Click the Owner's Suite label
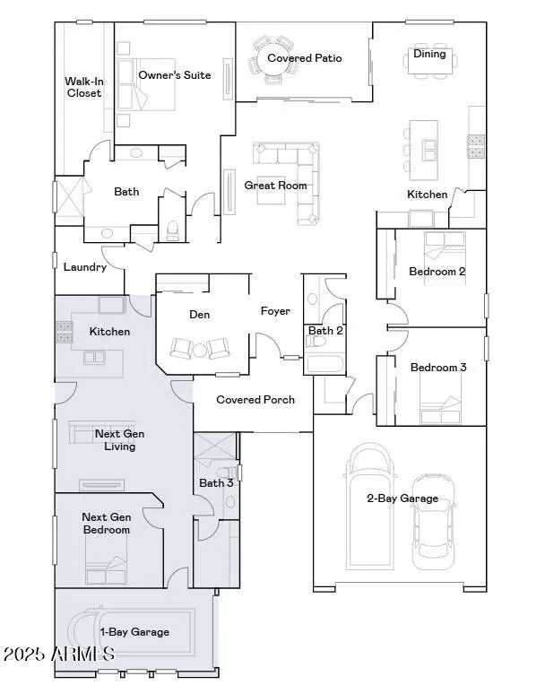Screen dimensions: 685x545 [175, 75]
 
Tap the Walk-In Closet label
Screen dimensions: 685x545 [83, 87]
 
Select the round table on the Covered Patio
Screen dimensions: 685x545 [271, 58]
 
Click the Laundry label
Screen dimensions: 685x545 [85, 267]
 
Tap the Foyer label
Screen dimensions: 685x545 [275, 311]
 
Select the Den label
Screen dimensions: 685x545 [199, 315]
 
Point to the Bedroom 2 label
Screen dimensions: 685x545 [437, 272]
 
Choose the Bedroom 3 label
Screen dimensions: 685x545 [438, 368]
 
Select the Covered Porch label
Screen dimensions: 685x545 [255, 400]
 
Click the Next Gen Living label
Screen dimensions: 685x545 [120, 440]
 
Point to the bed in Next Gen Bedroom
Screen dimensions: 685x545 [106, 568]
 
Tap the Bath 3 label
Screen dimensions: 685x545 [216, 483]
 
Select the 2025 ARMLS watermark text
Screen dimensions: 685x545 [58, 655]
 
